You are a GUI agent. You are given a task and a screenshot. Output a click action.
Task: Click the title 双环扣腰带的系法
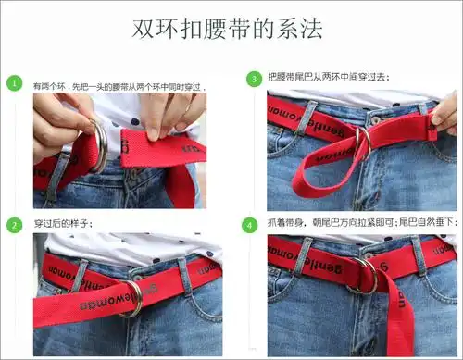tap(231, 29)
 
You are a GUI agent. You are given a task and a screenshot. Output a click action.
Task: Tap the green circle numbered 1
tap(15, 83)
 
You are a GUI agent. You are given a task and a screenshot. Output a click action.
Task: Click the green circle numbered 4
tap(253, 225)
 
